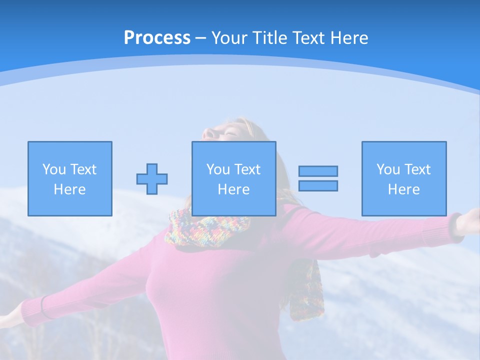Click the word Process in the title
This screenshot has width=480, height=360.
click(157, 38)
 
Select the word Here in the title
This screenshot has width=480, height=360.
click(348, 38)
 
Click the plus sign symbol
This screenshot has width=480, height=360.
click(152, 178)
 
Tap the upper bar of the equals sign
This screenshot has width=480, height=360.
click(318, 171)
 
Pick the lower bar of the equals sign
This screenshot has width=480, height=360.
click(318, 185)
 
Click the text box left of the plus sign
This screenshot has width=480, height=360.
click(70, 178)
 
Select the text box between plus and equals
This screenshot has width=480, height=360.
click(233, 178)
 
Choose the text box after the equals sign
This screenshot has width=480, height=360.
click(403, 178)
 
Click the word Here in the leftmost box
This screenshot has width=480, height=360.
click(69, 189)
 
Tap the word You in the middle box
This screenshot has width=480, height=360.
click(218, 169)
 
